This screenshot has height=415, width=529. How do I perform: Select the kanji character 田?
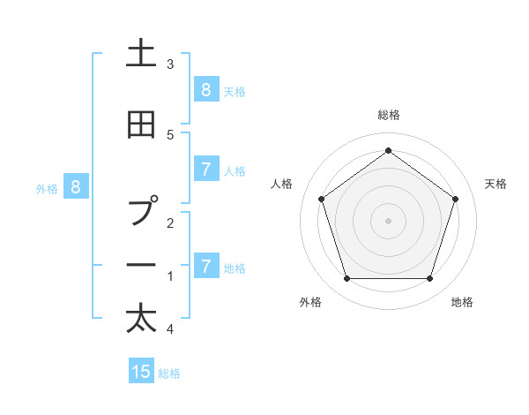[x=141, y=126]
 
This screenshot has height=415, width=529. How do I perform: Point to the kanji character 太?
[x=141, y=318]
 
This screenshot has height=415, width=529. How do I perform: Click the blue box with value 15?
[x=141, y=372]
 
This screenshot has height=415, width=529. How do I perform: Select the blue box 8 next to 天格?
[x=205, y=89]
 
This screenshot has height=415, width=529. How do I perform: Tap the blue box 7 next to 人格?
[x=205, y=170]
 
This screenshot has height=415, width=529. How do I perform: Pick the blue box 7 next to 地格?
[x=205, y=266]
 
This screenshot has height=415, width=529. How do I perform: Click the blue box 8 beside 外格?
[x=76, y=186]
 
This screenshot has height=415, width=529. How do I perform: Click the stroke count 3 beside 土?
[x=170, y=64]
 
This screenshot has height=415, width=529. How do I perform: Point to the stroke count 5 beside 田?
[x=170, y=134]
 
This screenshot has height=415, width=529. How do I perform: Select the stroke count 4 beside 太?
[x=170, y=329]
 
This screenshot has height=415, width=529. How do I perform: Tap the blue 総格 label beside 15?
[x=169, y=373]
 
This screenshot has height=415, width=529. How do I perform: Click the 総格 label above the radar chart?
[x=388, y=115]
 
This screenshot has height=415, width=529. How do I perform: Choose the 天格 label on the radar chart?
[x=495, y=184]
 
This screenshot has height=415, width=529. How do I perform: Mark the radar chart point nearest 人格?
[x=321, y=199]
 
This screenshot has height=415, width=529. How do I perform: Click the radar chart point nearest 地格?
[x=429, y=279]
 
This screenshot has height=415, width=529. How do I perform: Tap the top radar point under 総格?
[x=388, y=150]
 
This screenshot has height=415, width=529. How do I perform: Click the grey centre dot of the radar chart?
[x=388, y=220]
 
